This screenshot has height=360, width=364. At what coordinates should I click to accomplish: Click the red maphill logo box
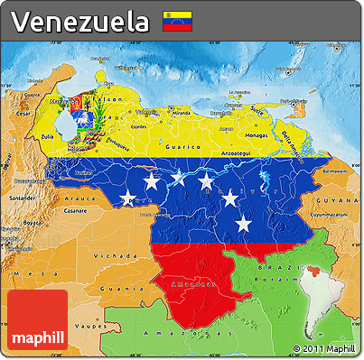click(37, 320)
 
